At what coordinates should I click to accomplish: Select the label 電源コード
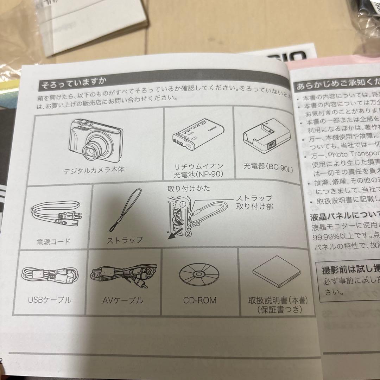pyautogui.click(x=53, y=241)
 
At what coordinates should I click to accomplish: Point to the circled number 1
pyautogui.click(x=182, y=204)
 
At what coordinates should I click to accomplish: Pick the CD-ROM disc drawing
pyautogui.click(x=198, y=273)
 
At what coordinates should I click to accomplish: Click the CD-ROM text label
pyautogui.click(x=199, y=300)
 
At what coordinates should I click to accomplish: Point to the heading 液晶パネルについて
pyautogui.click(x=343, y=215)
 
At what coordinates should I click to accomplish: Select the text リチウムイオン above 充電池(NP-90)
pyautogui.click(x=199, y=166)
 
